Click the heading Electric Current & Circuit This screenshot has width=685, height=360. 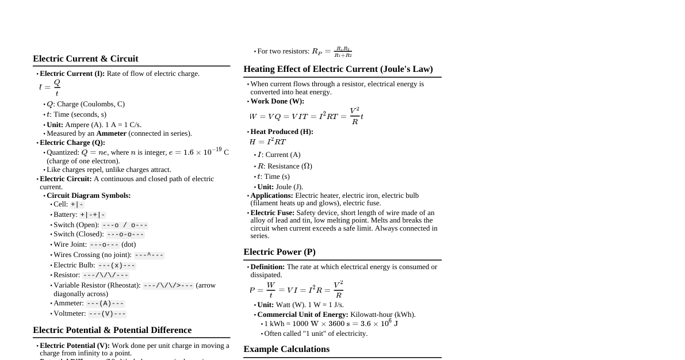(85, 59)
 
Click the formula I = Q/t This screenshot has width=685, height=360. (49, 87)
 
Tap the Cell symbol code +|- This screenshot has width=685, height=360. (77, 204)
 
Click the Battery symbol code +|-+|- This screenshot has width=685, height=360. (93, 215)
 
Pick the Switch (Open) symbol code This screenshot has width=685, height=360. (125, 225)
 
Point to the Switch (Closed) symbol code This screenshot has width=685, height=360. (125, 234)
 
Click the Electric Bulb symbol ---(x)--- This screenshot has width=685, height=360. (116, 265)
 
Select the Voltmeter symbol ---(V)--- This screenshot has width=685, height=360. (107, 313)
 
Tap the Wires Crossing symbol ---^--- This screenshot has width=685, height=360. (149, 255)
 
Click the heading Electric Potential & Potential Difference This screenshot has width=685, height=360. (112, 330)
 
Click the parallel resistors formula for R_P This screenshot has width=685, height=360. (332, 52)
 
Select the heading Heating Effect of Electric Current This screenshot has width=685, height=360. (338, 69)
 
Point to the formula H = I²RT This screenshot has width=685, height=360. (267, 142)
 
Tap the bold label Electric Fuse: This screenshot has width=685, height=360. (272, 213)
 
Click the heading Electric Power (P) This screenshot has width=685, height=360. (279, 252)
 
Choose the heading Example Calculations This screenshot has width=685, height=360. (286, 349)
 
